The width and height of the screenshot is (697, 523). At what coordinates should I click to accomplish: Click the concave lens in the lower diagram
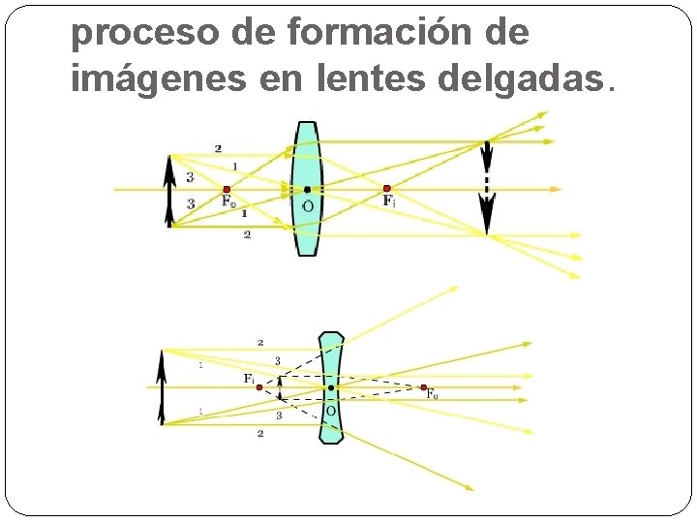click(x=331, y=426)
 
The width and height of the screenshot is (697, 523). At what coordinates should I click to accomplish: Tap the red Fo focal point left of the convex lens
click(x=227, y=190)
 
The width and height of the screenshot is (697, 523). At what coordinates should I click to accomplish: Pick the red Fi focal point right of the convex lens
click(x=387, y=189)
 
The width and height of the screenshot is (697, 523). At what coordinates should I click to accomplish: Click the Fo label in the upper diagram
click(x=228, y=202)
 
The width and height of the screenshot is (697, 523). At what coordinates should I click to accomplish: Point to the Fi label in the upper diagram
click(x=389, y=201)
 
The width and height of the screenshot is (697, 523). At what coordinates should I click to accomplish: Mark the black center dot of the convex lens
click(x=307, y=190)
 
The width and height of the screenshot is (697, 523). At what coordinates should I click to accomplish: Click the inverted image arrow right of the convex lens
click(x=487, y=188)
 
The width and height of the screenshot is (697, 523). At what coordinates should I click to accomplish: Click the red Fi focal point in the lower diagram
click(x=259, y=387)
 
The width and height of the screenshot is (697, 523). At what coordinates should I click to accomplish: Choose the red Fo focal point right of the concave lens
click(x=424, y=387)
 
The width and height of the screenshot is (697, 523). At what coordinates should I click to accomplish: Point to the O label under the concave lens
click(x=331, y=410)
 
